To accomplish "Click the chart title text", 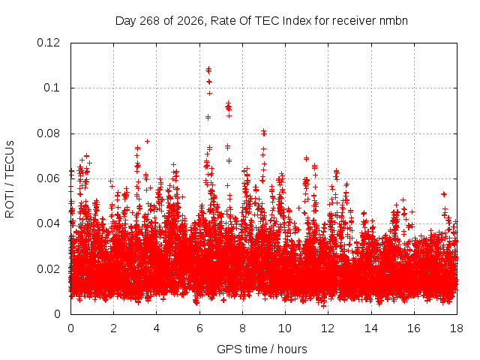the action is [x=262, y=21].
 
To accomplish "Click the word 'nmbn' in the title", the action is [x=393, y=21].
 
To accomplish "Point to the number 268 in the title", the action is [x=149, y=21].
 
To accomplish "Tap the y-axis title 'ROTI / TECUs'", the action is [x=10, y=179].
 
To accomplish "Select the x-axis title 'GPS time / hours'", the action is [x=262, y=349].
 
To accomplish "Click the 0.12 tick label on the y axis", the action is [x=48, y=43].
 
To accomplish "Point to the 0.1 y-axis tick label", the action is [x=52, y=88].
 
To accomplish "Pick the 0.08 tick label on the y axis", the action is [x=48, y=133].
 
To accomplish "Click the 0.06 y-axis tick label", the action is [x=48, y=178].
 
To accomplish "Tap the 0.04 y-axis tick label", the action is [x=48, y=223].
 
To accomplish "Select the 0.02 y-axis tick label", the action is [x=48, y=268].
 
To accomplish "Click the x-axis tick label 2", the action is [x=113, y=328].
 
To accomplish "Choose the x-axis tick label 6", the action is [x=199, y=328].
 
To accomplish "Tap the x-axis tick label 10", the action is [x=285, y=328].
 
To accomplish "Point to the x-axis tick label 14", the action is [x=371, y=328].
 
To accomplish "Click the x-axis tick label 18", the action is [x=457, y=328].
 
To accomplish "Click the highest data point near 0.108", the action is [x=208, y=69].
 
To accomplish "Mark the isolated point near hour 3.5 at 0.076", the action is [x=147, y=141].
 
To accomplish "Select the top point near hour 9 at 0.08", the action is [x=263, y=131].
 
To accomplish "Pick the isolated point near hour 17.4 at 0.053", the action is [x=443, y=193].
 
